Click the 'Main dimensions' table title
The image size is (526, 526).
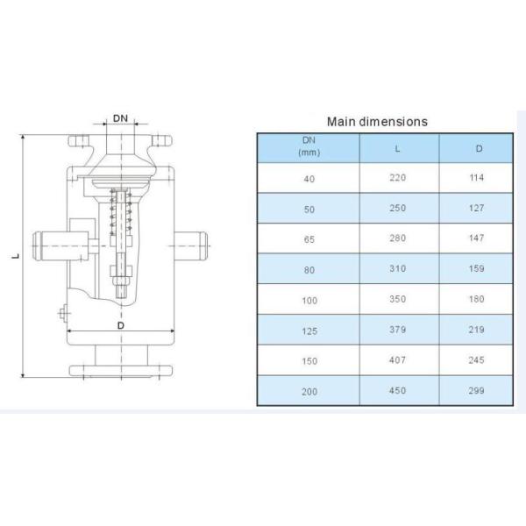(377, 122)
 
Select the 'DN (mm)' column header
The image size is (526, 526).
(308, 147)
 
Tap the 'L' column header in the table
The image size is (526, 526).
(398, 147)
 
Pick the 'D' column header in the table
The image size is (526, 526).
(478, 147)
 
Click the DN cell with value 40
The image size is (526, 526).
(308, 178)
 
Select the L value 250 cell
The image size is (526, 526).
(398, 209)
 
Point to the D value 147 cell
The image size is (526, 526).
(478, 238)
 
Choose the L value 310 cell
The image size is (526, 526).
(398, 269)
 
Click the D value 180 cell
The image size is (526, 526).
(478, 300)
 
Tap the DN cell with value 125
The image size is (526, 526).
(308, 331)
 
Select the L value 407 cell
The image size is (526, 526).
(398, 360)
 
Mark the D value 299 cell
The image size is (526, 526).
(478, 391)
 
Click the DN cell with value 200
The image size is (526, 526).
(308, 391)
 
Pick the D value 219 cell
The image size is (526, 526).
(478, 331)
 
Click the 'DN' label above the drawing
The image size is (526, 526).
(121, 117)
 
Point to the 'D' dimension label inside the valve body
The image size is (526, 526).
(120, 324)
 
